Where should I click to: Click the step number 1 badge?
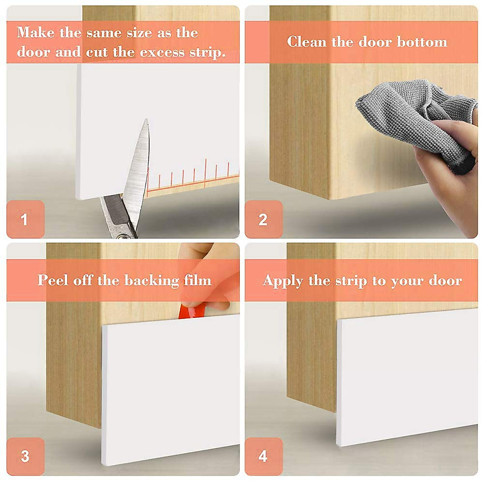click(x=26, y=219)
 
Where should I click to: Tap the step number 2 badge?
click(x=264, y=219)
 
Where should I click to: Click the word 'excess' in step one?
click(x=162, y=52)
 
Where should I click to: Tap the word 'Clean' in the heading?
click(x=307, y=42)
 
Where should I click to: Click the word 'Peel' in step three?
click(x=53, y=280)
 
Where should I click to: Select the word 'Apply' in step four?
click(x=283, y=281)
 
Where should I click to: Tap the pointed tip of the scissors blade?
click(x=146, y=120)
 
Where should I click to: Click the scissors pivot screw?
click(x=123, y=236)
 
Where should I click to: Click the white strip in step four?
click(x=407, y=377)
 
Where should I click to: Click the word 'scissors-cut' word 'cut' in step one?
click(x=97, y=52)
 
